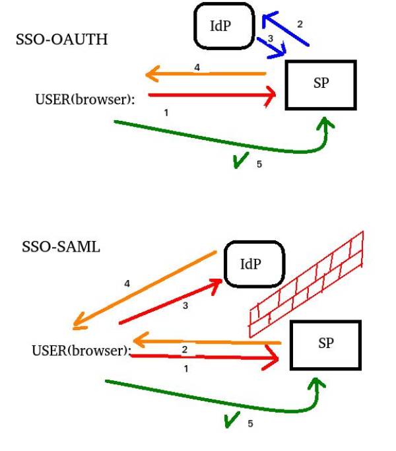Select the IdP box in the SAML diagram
[253, 264]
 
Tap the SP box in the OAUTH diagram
[321, 85]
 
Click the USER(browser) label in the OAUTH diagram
[84, 99]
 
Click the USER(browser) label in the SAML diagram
[81, 349]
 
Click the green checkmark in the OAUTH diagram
[242, 160]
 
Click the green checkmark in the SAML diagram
[232, 419]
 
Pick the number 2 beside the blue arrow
[300, 24]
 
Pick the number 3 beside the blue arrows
[270, 40]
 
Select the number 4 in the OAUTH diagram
[197, 67]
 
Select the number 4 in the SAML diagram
[127, 283]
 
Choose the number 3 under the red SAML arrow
[185, 305]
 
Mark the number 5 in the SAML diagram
[250, 423]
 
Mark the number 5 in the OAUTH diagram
[259, 164]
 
